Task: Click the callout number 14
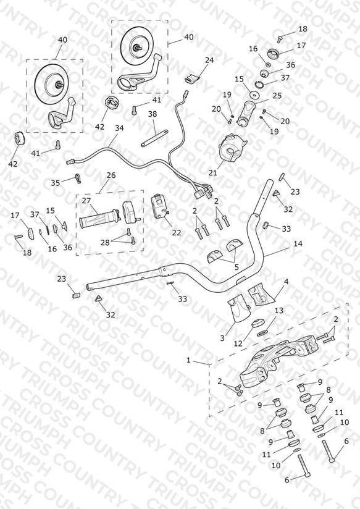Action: pos(298,243)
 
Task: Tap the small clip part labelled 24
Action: pos(192,78)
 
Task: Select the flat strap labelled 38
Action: pos(155,138)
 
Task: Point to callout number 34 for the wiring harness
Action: pos(119,128)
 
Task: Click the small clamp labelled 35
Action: pos(78,178)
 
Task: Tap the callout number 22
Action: pos(177,232)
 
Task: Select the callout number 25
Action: pos(277,96)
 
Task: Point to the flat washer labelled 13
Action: pos(262,333)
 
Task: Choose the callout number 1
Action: pos(188,360)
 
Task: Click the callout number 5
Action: pos(237,267)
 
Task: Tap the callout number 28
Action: pos(105,242)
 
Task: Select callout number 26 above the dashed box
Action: pos(111,175)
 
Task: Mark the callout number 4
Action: pos(286,282)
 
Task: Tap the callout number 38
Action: pos(153,114)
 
